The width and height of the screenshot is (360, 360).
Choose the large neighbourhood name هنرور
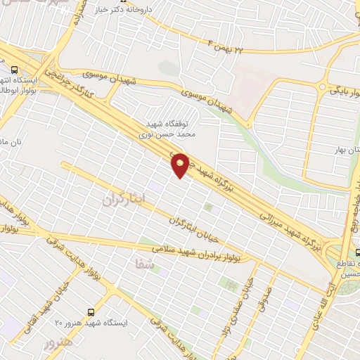point(57,345)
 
